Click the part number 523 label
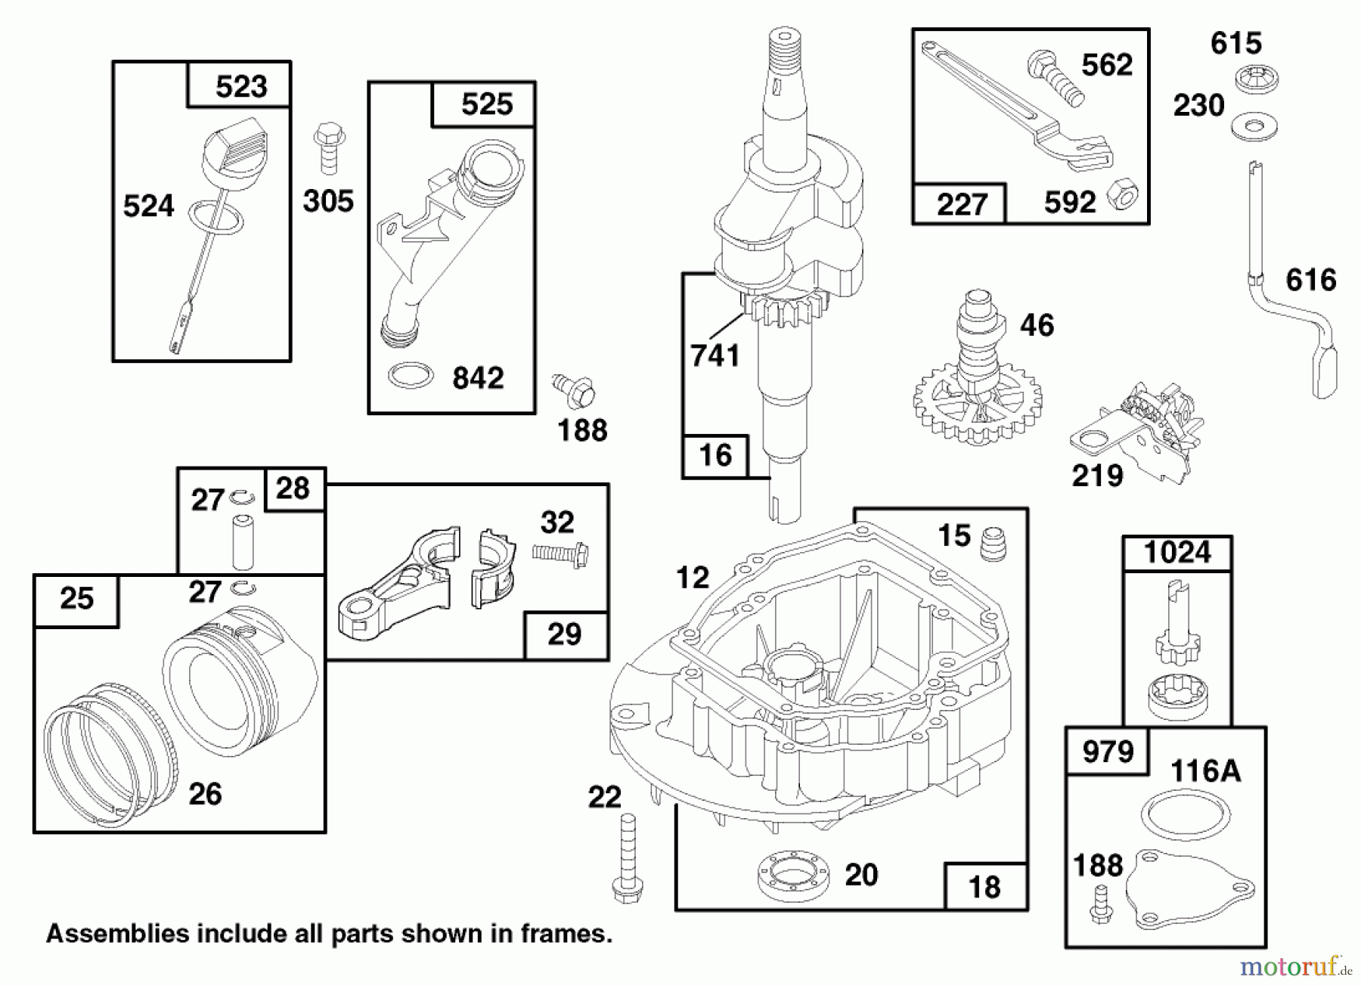click(x=240, y=86)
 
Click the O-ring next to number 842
click(x=411, y=376)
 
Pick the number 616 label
click(x=1310, y=281)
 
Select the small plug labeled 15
click(x=993, y=543)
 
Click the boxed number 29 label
click(x=564, y=634)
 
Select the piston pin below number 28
click(x=243, y=541)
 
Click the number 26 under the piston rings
click(x=205, y=794)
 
